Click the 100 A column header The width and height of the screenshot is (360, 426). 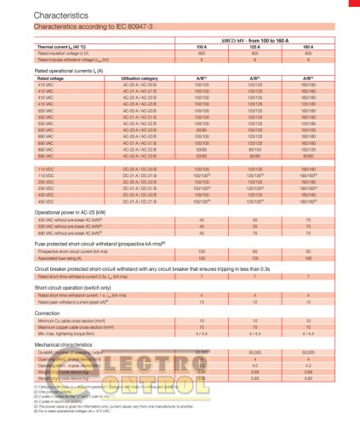point(201,47)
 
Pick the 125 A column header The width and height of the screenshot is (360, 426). point(253,47)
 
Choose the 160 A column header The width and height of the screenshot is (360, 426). point(306,47)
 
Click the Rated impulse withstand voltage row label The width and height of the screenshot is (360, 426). point(77,60)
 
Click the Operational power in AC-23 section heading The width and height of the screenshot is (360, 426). point(77,210)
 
